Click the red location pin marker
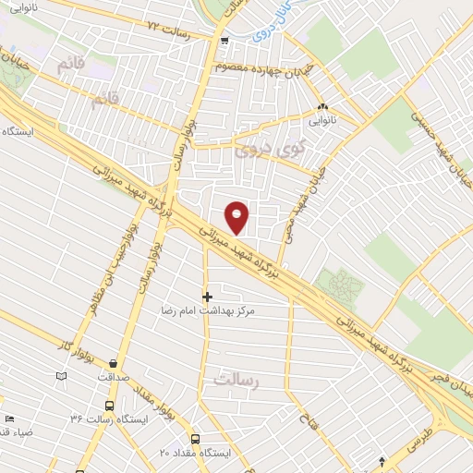(237, 217)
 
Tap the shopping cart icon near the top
(224, 40)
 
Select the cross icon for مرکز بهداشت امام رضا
(207, 297)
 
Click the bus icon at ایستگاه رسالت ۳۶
(110, 406)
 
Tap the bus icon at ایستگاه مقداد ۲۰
(195, 439)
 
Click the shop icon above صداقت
(113, 363)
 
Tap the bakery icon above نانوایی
(322, 106)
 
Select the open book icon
(62, 376)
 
